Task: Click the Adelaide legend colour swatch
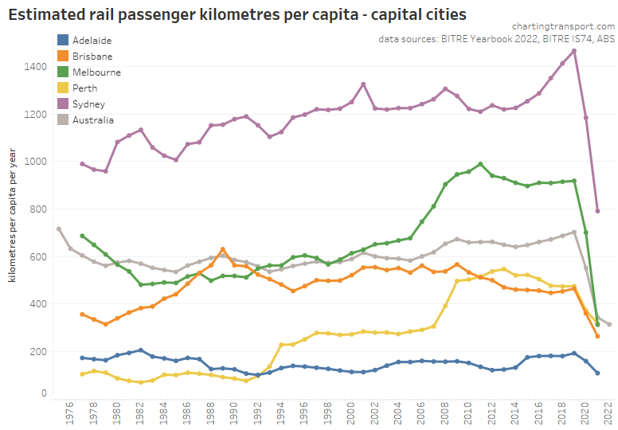(63, 40)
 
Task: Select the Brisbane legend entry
(92, 56)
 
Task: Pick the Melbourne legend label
(96, 72)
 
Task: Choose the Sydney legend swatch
(63, 104)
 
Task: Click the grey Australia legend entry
(92, 119)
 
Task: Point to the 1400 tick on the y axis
(36, 66)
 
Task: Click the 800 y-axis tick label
(38, 209)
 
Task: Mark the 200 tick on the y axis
(38, 351)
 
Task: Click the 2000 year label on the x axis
(351, 412)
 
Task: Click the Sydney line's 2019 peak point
(574, 51)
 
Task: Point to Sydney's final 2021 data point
(597, 211)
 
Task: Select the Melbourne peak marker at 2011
(480, 164)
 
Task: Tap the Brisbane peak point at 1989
(223, 249)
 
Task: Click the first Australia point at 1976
(59, 229)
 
